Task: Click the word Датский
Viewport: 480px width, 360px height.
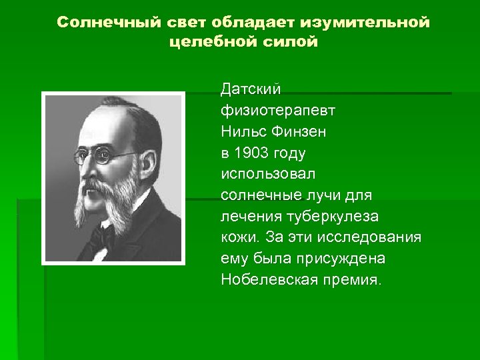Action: coord(251,89)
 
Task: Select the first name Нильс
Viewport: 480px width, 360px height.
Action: coord(243,131)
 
